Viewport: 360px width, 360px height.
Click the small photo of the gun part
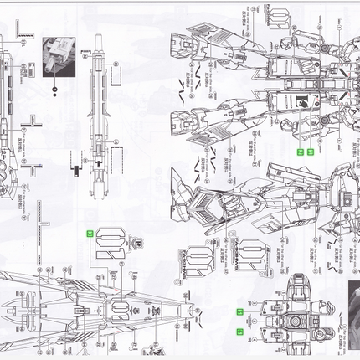[59, 55]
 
